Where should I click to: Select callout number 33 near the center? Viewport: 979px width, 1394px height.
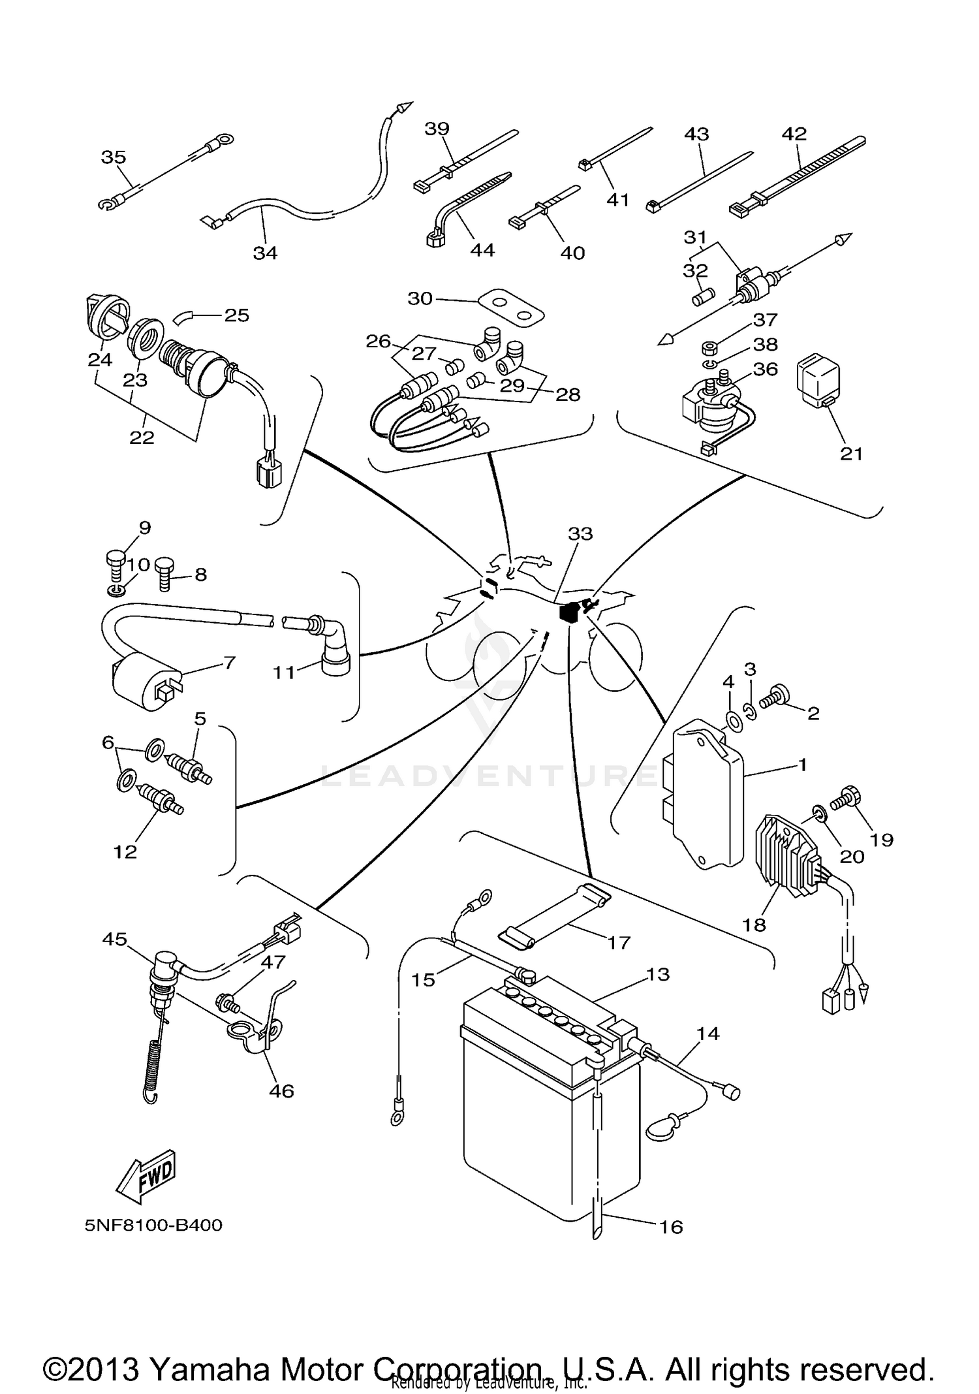tap(580, 533)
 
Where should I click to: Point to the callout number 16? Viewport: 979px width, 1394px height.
tap(671, 1228)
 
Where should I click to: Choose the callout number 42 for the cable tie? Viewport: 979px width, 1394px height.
tap(794, 134)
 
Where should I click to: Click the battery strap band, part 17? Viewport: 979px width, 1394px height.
tap(555, 914)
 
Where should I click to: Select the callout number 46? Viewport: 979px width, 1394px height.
tap(282, 1090)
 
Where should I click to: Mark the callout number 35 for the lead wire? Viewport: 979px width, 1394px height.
tap(113, 157)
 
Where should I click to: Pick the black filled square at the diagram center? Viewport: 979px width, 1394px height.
tap(570, 612)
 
